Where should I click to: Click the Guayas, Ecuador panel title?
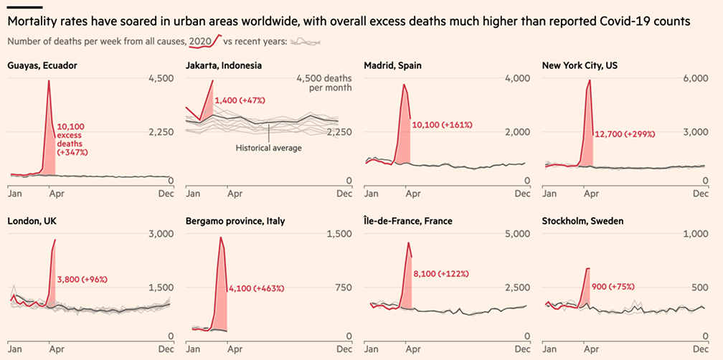pos(42,65)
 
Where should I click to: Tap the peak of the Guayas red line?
pos(49,80)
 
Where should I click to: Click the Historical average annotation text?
pos(269,148)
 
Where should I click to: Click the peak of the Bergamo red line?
pos(221,237)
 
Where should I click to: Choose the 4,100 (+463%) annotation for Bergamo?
pos(256,288)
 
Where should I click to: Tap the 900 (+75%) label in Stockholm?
pos(613,286)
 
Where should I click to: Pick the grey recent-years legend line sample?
pos(306,42)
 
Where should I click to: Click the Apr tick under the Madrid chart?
pos(409,194)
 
